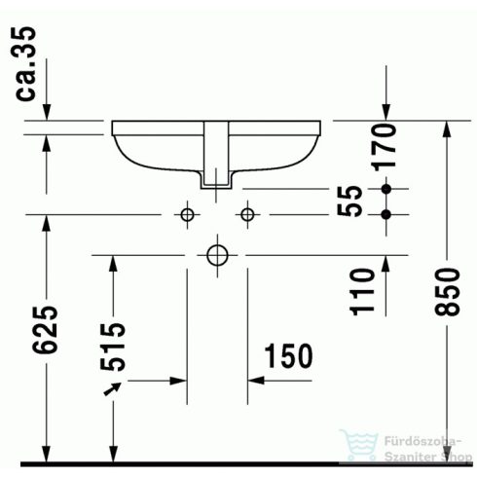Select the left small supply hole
(x=185, y=213)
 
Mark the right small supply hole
(x=248, y=213)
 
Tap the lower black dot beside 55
(x=386, y=212)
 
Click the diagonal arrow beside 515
(x=115, y=391)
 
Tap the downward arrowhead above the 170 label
(x=386, y=112)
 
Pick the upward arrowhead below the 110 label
(x=386, y=262)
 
